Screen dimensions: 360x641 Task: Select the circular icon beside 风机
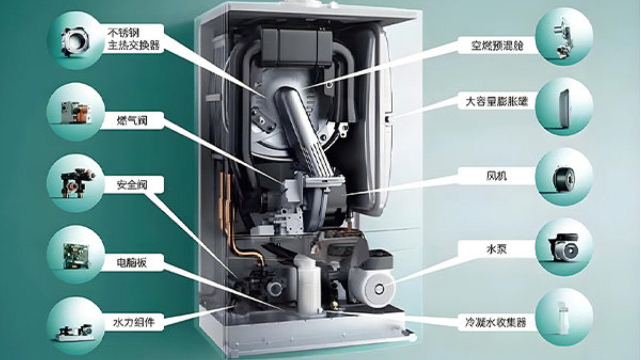(564, 177)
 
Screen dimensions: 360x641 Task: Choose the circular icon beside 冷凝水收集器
(564, 316)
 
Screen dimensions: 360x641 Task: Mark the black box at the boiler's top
(296, 47)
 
